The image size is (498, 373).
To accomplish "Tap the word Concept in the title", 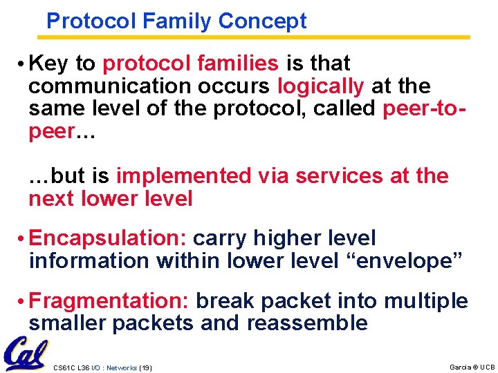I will pos(262,21).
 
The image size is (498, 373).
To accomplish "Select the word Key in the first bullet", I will pos(48,64).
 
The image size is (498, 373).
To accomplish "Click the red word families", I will pos(237,64).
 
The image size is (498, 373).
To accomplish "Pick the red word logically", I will pos(321,86).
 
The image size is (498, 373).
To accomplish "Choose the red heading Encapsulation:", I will pos(108,238).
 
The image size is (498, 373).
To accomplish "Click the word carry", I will pos(223,238).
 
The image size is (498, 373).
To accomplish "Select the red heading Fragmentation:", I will pos(110,301).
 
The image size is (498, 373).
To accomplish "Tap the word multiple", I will pos(425,301).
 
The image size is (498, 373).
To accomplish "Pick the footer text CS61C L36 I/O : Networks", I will pos(95,367).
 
